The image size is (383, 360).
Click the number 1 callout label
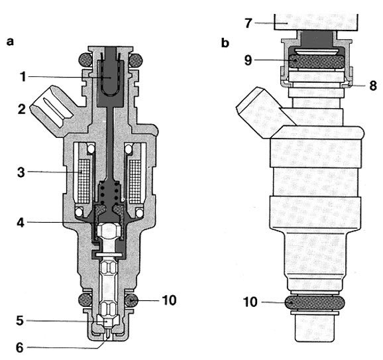(23, 76)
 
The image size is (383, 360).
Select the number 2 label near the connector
(21, 109)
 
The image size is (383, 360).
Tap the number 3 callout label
(21, 172)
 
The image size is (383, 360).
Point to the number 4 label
(21, 222)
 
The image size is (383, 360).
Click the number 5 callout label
(20, 321)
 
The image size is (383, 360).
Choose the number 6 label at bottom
(20, 347)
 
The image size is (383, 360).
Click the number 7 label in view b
(248, 23)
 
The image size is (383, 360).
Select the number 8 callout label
(373, 86)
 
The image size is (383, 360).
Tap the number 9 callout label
(248, 60)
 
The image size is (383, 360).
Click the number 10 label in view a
(169, 300)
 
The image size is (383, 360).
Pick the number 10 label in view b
(250, 302)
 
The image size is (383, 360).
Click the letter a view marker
(10, 42)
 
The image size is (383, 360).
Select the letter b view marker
(225, 43)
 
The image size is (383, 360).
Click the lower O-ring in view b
(315, 302)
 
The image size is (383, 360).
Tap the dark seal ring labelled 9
(317, 61)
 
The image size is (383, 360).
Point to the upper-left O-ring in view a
(85, 60)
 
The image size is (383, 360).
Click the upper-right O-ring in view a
(136, 60)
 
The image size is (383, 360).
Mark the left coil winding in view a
(84, 182)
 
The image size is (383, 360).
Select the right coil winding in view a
(135, 182)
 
